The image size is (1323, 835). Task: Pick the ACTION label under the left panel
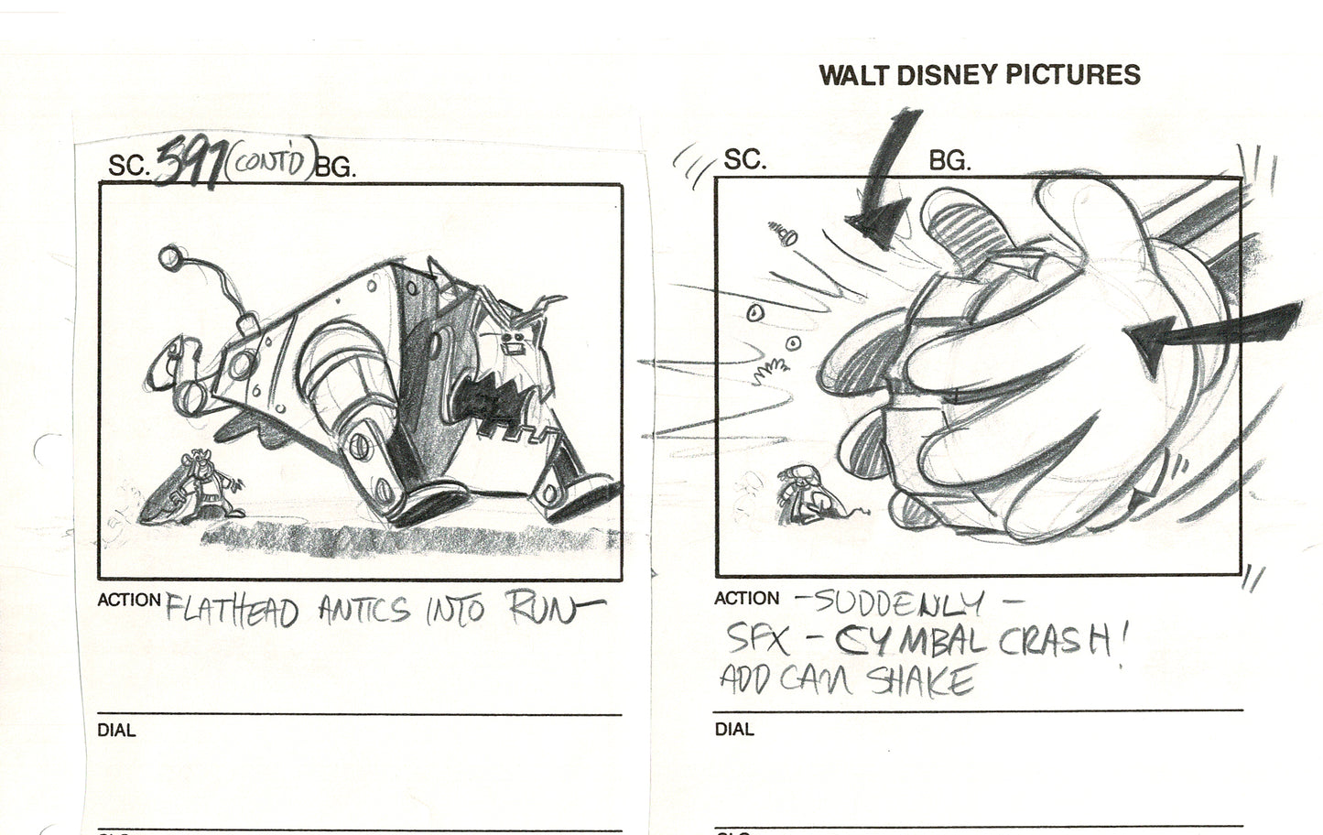129,600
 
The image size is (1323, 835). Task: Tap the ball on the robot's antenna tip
169,259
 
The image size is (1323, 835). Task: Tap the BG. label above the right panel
949,161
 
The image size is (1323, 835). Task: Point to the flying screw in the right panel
783,235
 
